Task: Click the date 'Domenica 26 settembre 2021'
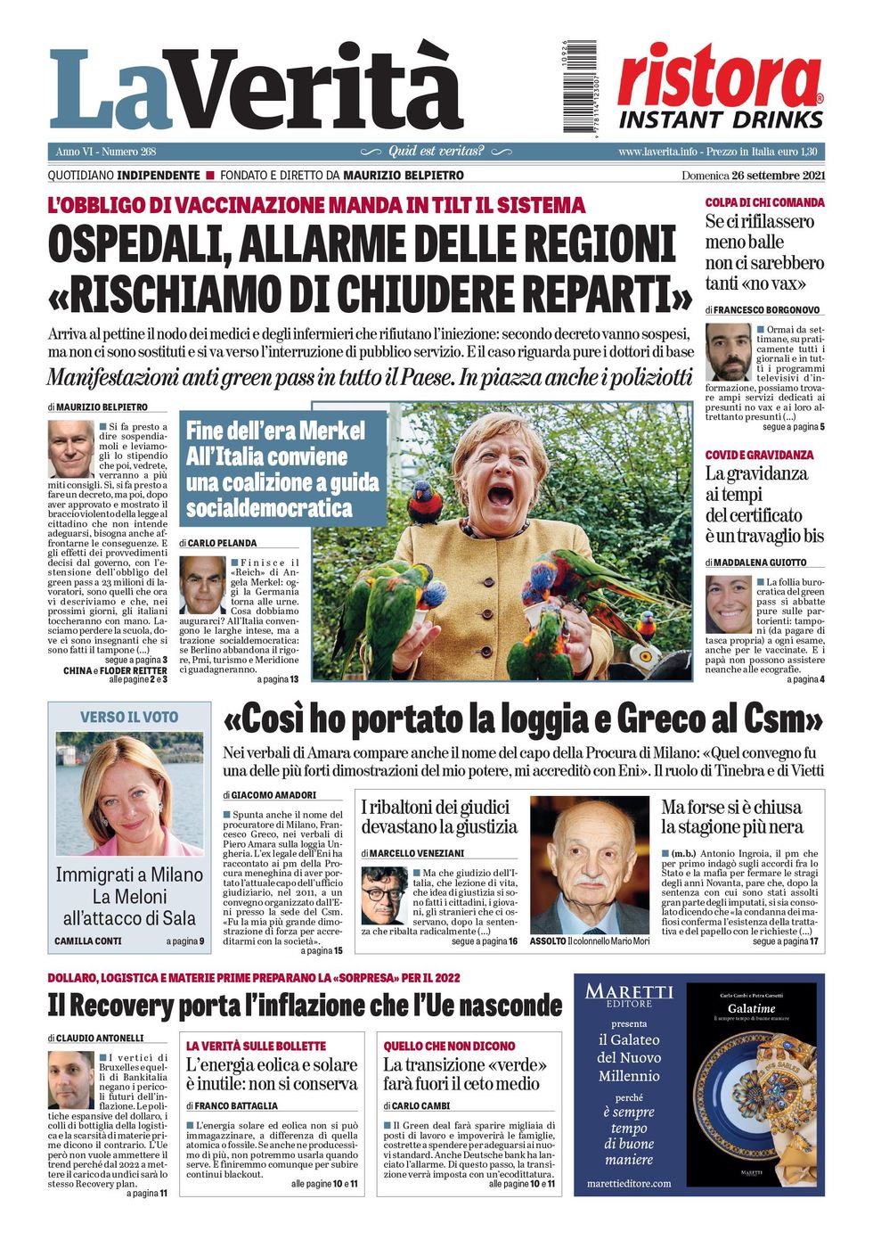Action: (x=753, y=176)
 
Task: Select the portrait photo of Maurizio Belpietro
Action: (x=70, y=448)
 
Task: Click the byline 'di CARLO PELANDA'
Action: (x=218, y=543)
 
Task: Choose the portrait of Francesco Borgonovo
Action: (x=729, y=351)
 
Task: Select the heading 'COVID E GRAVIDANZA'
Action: (x=759, y=455)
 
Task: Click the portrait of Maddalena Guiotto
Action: (x=729, y=604)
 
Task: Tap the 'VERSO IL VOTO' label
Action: (x=129, y=717)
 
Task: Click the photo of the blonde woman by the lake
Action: (x=130, y=793)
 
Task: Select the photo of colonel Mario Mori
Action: (x=590, y=865)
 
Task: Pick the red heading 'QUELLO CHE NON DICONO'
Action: (x=450, y=1046)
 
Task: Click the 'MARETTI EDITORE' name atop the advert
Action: (x=629, y=994)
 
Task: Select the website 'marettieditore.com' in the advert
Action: (x=629, y=1183)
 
